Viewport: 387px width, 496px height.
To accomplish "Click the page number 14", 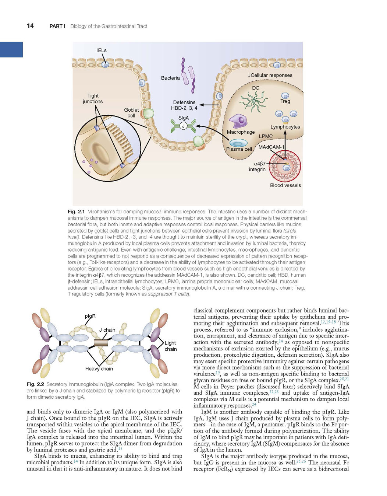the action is pyautogui.click(x=30, y=26).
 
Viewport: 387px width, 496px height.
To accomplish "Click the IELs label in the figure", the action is pyautogui.click(x=102, y=50).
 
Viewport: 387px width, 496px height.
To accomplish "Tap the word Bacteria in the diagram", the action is pyautogui.click(x=170, y=78).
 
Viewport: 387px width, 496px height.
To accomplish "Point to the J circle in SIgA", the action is pyautogui.click(x=183, y=126).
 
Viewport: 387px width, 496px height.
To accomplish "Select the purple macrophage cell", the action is pyautogui.click(x=238, y=120).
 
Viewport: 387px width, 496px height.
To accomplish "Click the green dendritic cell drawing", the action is pyautogui.click(x=253, y=101).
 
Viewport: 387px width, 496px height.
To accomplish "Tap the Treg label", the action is pyautogui.click(x=285, y=101).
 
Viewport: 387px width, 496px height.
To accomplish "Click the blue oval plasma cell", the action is pyautogui.click(x=238, y=143).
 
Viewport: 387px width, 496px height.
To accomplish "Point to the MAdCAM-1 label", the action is pyautogui.click(x=271, y=147).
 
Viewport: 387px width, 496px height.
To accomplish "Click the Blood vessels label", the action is pyautogui.click(x=285, y=185).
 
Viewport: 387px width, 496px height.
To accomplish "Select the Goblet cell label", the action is pyautogui.click(x=131, y=113).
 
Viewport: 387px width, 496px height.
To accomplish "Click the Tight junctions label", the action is pyautogui.click(x=93, y=99).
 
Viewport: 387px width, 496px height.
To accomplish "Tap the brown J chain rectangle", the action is pyautogui.click(x=101, y=343).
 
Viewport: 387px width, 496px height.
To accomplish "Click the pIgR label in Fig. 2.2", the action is pyautogui.click(x=90, y=316).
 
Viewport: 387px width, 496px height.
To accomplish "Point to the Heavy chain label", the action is pyautogui.click(x=99, y=368).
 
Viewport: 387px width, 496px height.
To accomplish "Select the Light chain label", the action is pyautogui.click(x=171, y=346).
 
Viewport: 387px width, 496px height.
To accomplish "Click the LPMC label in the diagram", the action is pyautogui.click(x=266, y=136).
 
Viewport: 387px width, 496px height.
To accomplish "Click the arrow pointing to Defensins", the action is pyautogui.click(x=209, y=105).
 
